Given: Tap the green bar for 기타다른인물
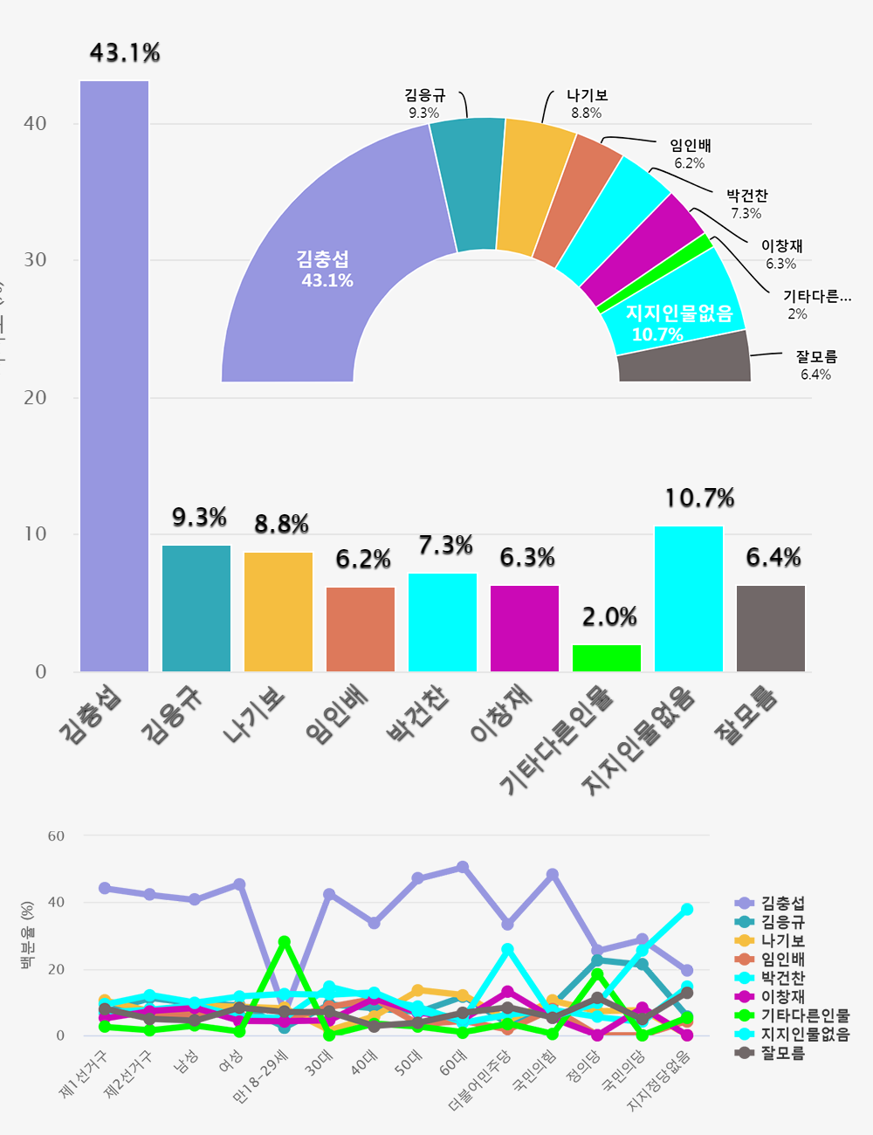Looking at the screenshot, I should tap(607, 658).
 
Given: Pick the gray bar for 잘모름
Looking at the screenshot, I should tap(771, 629).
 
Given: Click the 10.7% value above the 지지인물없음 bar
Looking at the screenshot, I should tap(699, 499).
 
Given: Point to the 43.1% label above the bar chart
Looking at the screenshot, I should tap(125, 53).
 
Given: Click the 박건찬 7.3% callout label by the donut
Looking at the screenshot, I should tap(746, 204).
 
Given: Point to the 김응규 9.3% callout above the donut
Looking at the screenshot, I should tap(424, 104).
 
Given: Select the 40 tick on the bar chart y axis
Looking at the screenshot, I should tap(35, 124).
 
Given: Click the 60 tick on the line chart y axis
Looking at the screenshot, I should tap(56, 836).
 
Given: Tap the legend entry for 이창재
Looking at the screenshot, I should tap(782, 996).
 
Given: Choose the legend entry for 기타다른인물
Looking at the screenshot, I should tap(803, 1015).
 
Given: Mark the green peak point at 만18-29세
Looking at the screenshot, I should tap(284, 942).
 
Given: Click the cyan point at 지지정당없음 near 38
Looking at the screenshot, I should tap(687, 910).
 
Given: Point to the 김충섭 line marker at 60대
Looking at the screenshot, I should tap(463, 867).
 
